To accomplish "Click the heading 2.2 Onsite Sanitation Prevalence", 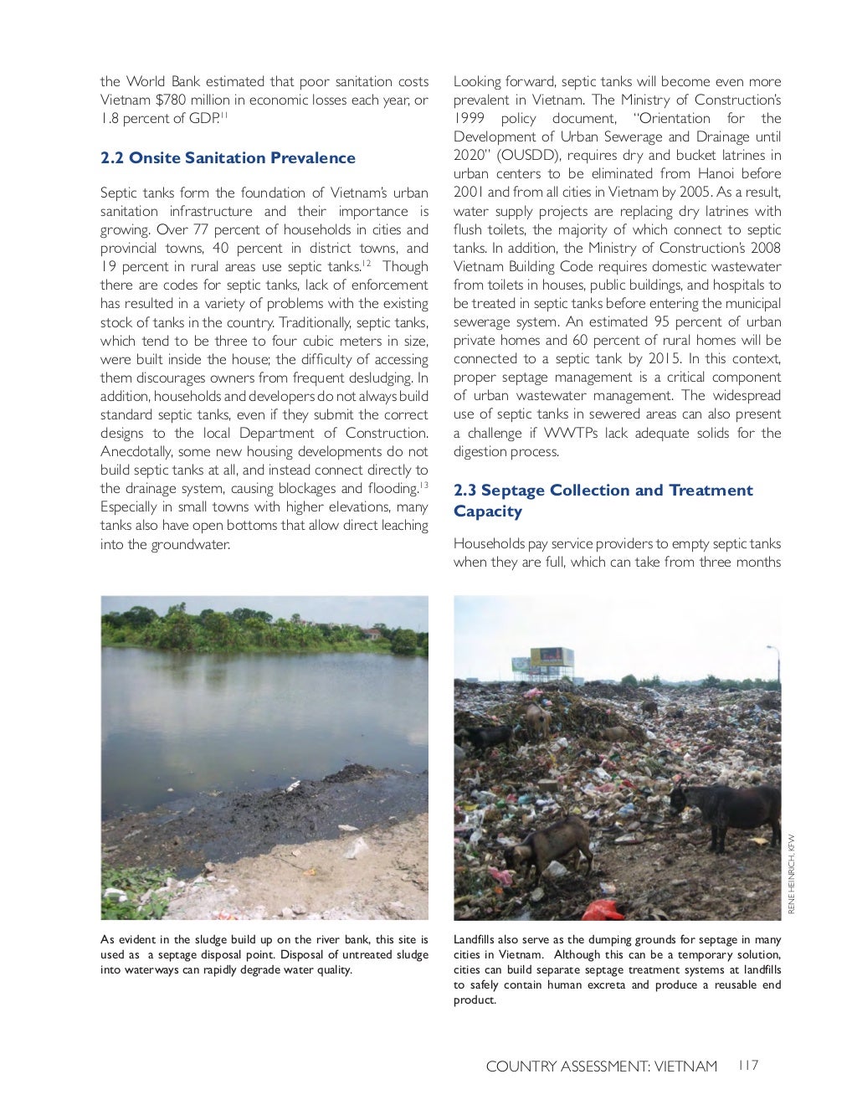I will pos(228,158).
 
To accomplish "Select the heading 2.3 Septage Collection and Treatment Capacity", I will pos(603,501).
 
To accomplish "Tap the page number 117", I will pos(747,1066).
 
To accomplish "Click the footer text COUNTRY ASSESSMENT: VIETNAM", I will pos(601,1066).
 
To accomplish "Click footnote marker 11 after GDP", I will pos(224,115).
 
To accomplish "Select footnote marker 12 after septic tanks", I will pos(367,264).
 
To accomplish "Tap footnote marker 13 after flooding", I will pos(423,486).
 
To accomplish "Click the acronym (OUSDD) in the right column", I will pos(528,156).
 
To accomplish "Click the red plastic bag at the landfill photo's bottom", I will pos(603,909).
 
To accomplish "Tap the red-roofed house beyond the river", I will pos(373,634).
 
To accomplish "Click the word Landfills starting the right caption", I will pos(476,940).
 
